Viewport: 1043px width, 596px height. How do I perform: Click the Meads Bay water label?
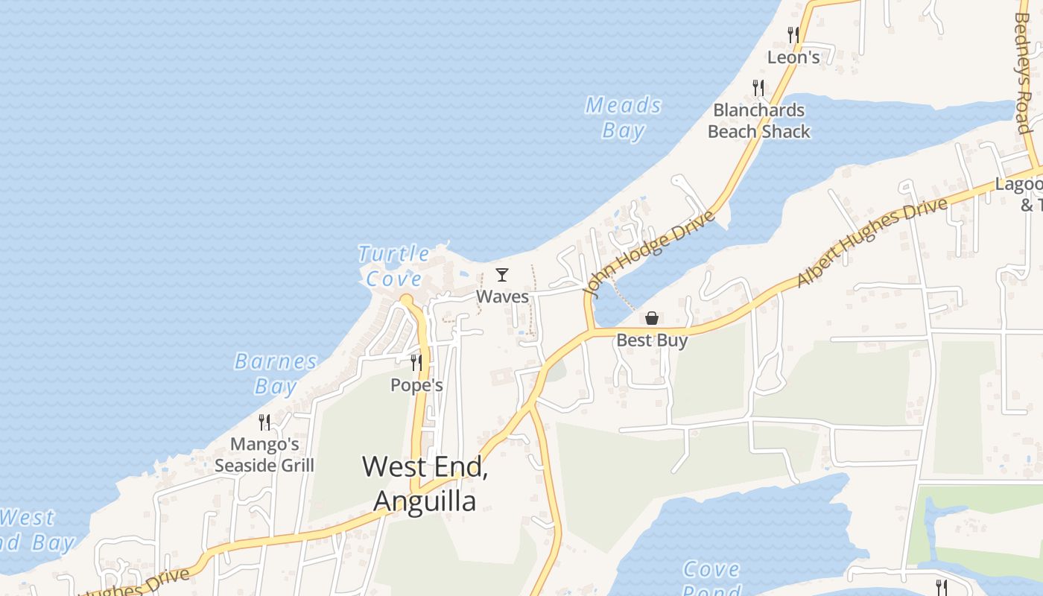624,118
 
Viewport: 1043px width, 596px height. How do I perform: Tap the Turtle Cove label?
394,266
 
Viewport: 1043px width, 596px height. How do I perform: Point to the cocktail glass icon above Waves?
502,275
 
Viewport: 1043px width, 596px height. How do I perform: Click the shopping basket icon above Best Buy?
652,318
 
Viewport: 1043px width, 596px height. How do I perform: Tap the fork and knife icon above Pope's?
416,363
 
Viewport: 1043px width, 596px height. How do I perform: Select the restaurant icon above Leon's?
793,34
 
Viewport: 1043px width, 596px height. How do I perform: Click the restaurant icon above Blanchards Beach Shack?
758,88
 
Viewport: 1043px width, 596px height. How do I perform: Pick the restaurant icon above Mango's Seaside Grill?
264,422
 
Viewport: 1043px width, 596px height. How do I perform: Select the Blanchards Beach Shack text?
758,121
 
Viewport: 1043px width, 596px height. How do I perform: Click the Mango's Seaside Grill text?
264,455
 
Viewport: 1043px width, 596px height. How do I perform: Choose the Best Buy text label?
652,340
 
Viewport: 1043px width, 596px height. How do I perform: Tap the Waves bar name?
502,297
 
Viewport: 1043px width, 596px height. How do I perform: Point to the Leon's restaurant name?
793,57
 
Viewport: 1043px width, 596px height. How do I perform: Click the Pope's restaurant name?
416,385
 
